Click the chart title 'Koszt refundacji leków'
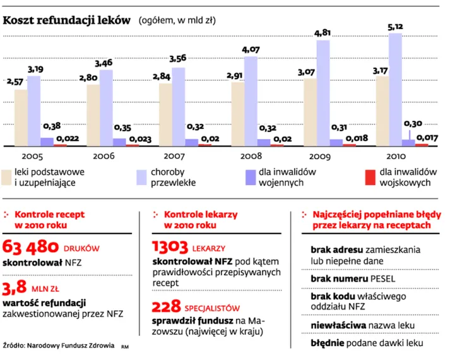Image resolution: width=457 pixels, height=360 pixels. pos(66,20)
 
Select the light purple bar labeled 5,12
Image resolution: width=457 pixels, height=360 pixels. pos(395,90)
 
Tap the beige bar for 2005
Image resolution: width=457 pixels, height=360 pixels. pos(21,118)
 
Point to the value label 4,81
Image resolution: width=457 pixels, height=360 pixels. pos(323,33)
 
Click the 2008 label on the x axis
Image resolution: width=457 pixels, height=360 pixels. pos(251,156)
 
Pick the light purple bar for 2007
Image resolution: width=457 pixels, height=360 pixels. pos(179,107)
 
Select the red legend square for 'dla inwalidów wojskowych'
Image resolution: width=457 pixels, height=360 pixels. pos(370,177)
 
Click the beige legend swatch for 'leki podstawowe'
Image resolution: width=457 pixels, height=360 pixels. pos(6,177)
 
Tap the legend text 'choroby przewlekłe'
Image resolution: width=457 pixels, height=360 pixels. pos(173,177)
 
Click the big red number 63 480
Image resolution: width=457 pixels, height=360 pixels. pos(30,247)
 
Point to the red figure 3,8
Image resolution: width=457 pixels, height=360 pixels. pos(15,287)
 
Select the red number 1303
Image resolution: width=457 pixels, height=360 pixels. pos(170,247)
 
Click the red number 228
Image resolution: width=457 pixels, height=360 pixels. pos(166,306)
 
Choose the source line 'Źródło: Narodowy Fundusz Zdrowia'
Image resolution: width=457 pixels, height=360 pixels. pos(59,345)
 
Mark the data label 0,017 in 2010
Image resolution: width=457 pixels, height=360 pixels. pos(427,138)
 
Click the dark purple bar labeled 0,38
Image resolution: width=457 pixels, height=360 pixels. pos(47,142)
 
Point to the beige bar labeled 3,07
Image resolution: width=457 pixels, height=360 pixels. pos(310,112)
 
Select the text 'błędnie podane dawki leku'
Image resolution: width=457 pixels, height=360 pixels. pos(367,343)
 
